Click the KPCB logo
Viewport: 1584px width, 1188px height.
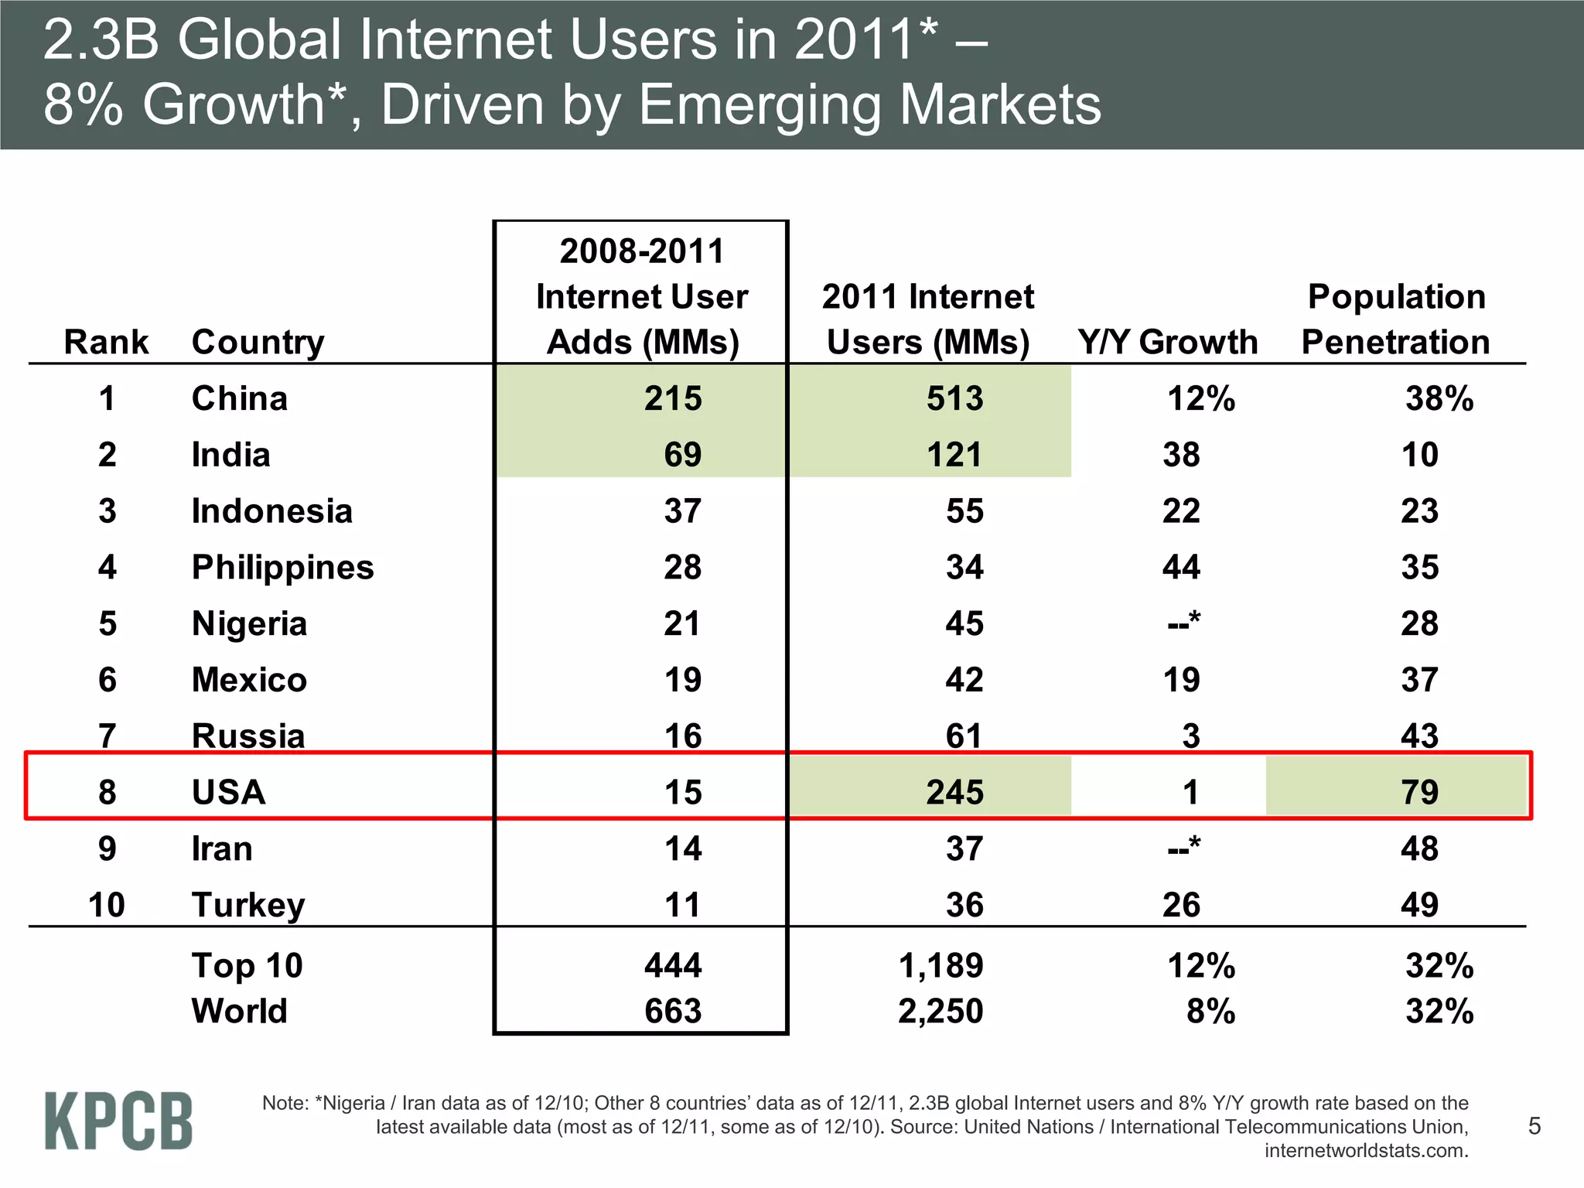[118, 1121]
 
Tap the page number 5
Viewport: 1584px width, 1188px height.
[1534, 1125]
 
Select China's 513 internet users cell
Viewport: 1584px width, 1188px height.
[955, 398]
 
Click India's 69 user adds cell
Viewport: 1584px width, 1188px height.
[682, 455]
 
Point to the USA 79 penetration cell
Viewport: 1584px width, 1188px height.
[1419, 792]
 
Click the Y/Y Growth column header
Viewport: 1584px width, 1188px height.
[1167, 342]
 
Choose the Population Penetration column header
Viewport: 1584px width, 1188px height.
[1396, 319]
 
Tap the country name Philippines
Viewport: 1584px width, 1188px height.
[282, 568]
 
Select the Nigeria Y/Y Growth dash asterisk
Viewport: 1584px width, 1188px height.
[1183, 623]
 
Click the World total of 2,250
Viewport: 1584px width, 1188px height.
[940, 1011]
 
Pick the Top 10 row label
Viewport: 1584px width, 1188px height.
[247, 965]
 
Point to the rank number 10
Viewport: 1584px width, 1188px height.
[106, 905]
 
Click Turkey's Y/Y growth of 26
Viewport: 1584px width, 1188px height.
[1181, 905]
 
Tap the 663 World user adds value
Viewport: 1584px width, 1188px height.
[673, 1011]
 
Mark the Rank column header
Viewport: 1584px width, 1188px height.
[106, 342]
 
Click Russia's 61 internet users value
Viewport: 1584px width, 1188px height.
[964, 736]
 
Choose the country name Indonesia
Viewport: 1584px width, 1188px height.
[271, 511]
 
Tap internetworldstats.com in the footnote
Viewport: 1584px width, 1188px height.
[1366, 1151]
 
